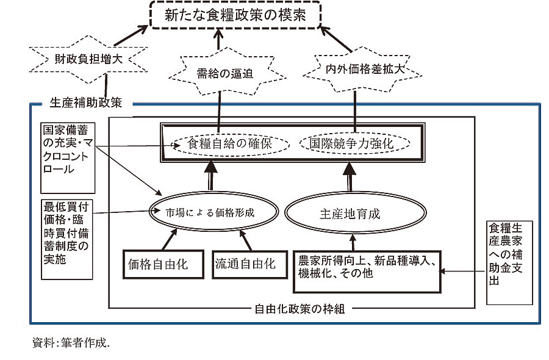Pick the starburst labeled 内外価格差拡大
click(x=354, y=67)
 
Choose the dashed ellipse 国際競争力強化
click(x=356, y=145)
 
